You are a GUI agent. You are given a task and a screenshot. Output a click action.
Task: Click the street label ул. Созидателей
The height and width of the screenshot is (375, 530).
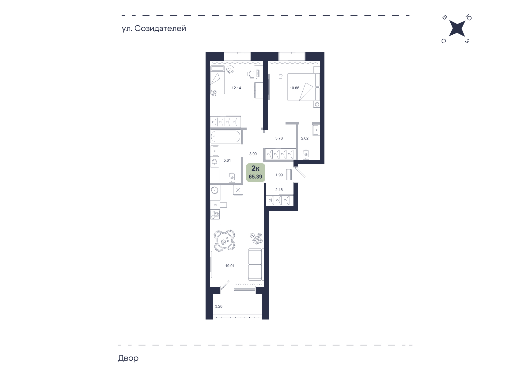click(154, 29)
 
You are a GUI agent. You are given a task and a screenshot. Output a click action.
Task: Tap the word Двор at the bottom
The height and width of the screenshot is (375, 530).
click(128, 358)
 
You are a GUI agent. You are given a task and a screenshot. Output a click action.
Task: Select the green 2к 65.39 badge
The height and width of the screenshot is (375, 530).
click(256, 172)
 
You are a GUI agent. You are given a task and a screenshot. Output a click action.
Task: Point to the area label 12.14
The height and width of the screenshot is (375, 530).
click(236, 88)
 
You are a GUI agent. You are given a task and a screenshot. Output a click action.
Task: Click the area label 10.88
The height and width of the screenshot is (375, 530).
click(294, 88)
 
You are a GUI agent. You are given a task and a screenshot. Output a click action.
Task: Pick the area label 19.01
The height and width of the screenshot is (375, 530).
click(230, 266)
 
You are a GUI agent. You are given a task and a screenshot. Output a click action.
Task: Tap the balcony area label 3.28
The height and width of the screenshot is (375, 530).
click(219, 306)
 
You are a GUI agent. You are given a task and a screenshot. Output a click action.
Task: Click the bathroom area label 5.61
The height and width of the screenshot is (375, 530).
click(227, 160)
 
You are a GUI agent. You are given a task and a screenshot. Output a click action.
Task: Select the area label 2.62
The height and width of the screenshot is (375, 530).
click(305, 138)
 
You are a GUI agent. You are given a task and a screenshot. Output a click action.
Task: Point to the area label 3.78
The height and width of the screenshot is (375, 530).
click(279, 138)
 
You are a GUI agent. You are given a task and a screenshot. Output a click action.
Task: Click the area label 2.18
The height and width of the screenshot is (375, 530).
click(279, 190)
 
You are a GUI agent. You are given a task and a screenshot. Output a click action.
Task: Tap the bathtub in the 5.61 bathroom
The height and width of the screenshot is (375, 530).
click(226, 137)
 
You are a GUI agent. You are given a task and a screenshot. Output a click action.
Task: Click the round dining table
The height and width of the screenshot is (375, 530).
click(225, 241)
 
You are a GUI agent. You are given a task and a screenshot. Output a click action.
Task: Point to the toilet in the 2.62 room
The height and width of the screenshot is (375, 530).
click(306, 154)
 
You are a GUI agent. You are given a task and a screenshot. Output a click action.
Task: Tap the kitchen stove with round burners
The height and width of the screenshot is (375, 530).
click(215, 215)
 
